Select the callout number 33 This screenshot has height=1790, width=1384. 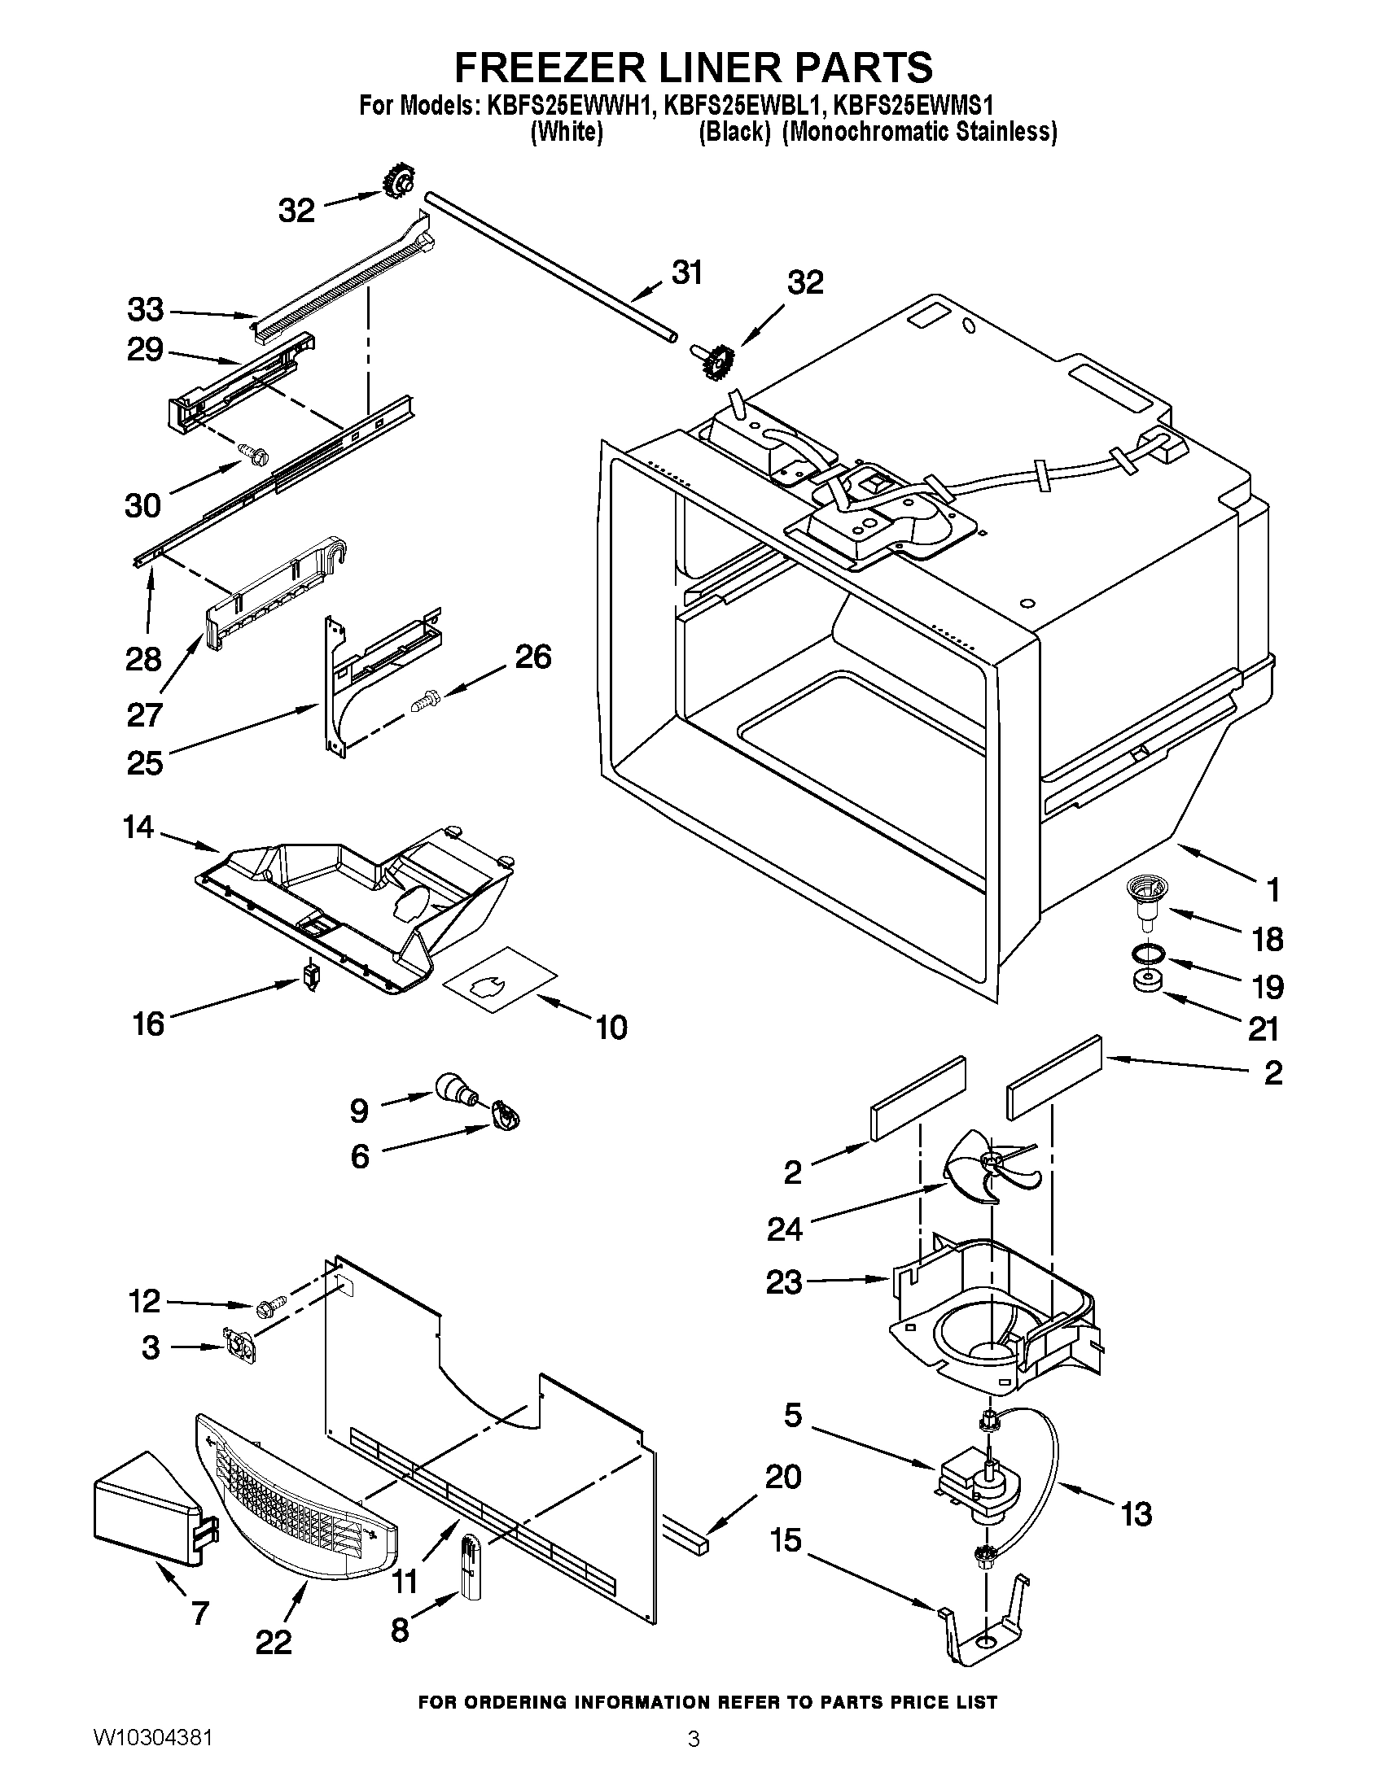tap(145, 311)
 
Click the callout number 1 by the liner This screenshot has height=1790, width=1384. tap(1272, 889)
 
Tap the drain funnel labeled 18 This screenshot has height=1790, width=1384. tap(1145, 902)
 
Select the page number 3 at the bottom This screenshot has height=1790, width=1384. tap(693, 1758)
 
